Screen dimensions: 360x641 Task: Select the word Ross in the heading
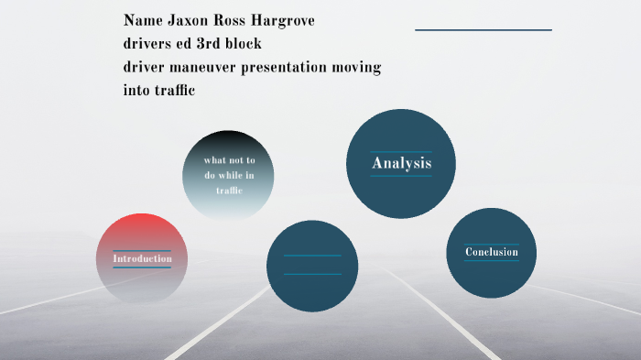point(233,19)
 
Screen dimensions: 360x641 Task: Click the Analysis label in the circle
point(401,164)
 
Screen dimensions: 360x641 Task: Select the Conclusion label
point(491,252)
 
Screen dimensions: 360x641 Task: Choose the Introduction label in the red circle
point(142,258)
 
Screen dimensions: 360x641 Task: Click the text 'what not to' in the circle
point(229,160)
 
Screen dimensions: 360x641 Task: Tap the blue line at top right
point(483,30)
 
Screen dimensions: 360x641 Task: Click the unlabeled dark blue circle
point(311,266)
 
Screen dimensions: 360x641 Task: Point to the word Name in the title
point(143,19)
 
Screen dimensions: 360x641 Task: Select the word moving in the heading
point(358,67)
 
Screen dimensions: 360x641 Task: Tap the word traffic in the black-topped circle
point(229,191)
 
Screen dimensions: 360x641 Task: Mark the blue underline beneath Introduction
point(142,267)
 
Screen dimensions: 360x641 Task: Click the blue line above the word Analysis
point(401,151)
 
